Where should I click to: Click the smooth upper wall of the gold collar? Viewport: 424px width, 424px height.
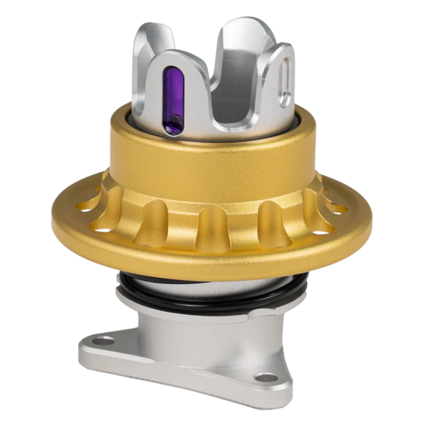click(x=212, y=161)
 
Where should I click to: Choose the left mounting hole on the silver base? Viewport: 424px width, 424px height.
click(x=107, y=337)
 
